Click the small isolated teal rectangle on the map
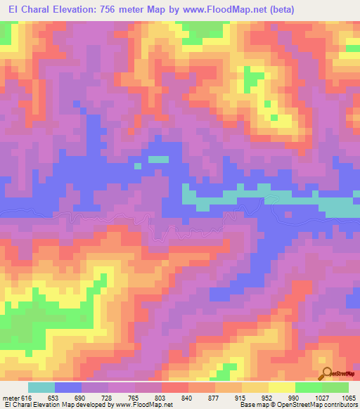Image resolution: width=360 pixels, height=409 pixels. coord(158,159)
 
